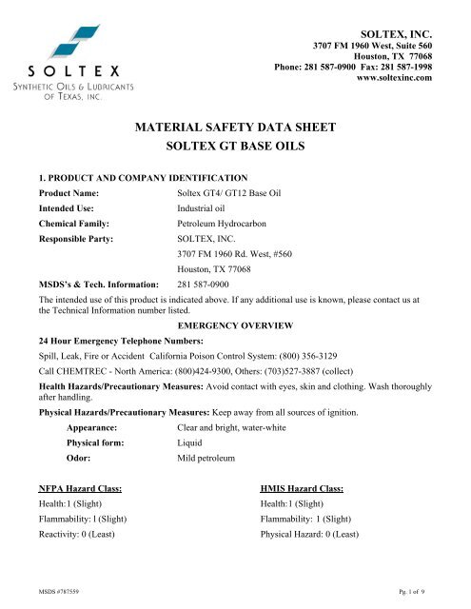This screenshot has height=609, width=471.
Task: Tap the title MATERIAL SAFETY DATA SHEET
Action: tap(235, 123)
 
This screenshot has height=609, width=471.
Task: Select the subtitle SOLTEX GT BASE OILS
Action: tap(235, 146)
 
